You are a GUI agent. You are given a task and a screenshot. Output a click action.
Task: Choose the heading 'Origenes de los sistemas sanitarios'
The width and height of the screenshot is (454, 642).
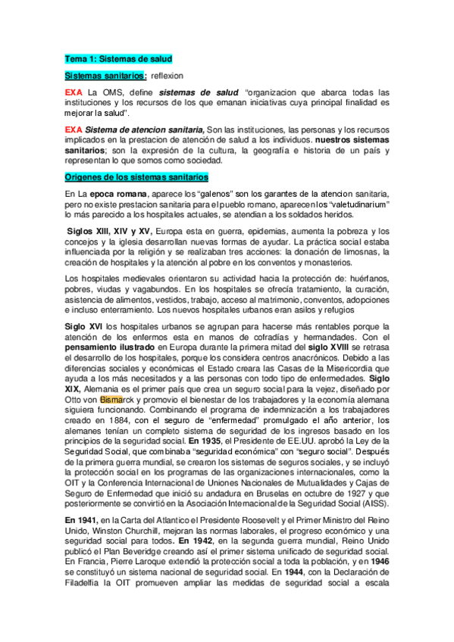(x=136, y=176)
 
